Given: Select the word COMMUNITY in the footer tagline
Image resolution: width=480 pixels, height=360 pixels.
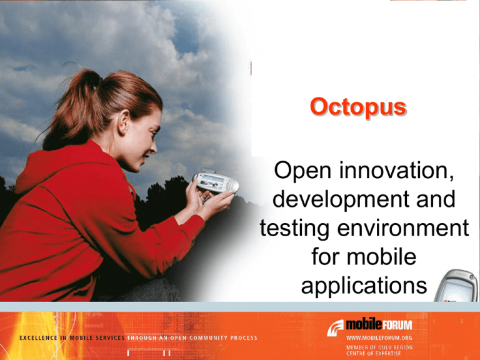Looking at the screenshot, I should pos(210,339).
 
